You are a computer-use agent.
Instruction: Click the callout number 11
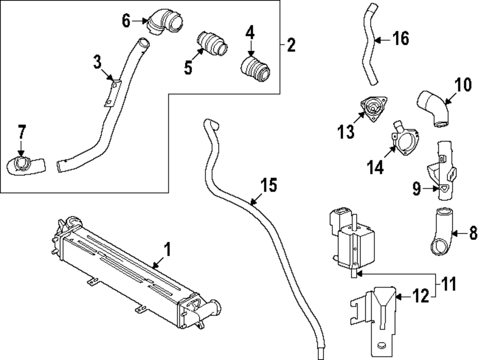[x=448, y=285]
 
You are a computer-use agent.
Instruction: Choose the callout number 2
[x=291, y=46]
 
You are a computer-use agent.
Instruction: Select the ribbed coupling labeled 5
[x=212, y=44]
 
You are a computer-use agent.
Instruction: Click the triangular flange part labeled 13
[x=372, y=108]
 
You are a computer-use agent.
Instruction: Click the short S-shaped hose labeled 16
[x=371, y=43]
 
